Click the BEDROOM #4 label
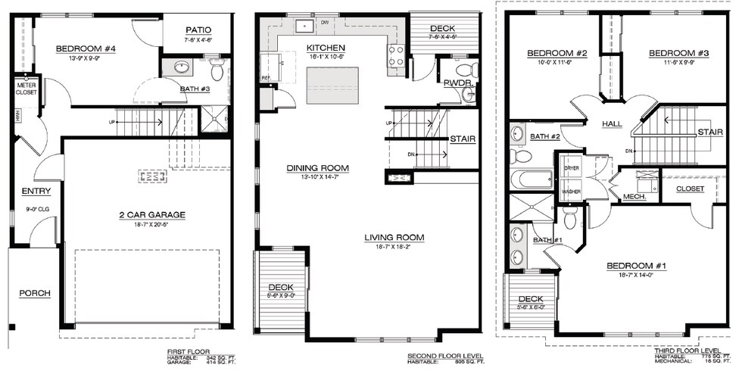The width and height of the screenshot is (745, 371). tap(86, 49)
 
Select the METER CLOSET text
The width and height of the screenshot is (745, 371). tap(26, 89)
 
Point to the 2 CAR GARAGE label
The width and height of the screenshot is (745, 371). tap(151, 214)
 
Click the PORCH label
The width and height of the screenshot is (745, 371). tap(34, 292)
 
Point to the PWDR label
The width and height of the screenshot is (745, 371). tap(457, 82)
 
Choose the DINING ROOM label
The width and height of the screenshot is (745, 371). tap(317, 167)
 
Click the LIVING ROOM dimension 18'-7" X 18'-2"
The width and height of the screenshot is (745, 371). tap(393, 247)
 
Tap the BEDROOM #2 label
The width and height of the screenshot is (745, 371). tap(557, 53)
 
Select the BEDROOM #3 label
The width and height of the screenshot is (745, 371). tap(678, 53)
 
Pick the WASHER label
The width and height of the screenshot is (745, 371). tap(571, 192)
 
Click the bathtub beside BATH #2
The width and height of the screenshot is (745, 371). tap(531, 180)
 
